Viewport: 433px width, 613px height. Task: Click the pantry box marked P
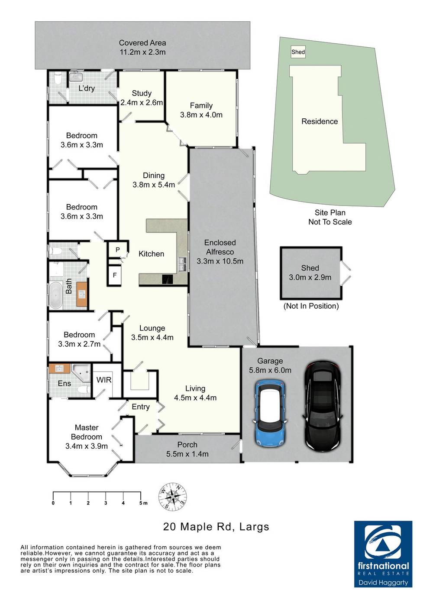click(117, 249)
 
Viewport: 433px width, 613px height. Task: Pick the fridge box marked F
click(115, 275)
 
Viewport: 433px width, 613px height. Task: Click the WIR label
click(104, 380)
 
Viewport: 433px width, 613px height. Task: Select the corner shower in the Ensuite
click(81, 372)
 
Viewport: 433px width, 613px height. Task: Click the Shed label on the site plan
click(298, 52)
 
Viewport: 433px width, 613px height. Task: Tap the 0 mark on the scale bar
click(53, 503)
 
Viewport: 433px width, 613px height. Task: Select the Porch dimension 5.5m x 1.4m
click(187, 454)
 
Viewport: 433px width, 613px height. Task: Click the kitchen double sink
click(182, 264)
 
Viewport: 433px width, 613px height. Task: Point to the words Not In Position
click(311, 306)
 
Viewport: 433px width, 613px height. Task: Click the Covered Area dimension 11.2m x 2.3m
click(142, 52)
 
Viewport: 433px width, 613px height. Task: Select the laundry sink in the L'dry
click(76, 77)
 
